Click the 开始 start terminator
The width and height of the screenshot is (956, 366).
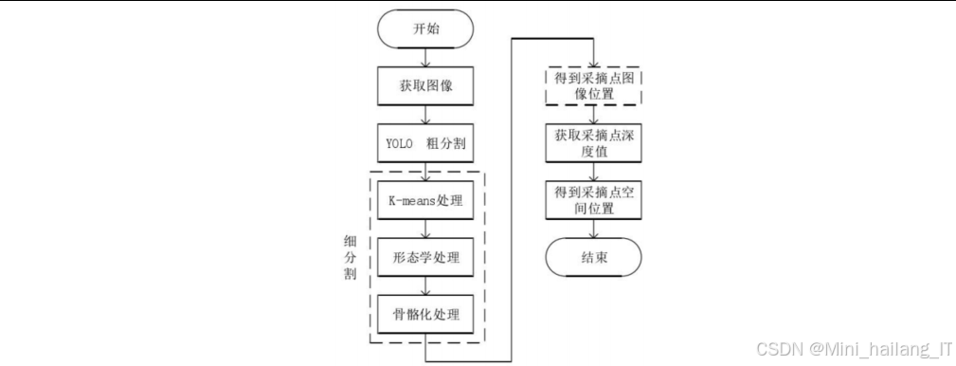point(426,28)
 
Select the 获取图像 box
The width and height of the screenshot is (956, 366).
point(426,85)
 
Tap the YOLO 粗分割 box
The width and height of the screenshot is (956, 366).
point(426,144)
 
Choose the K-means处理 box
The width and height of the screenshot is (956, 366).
point(426,201)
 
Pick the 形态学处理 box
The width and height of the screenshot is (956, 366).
point(426,257)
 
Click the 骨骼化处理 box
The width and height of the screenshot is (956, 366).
point(426,314)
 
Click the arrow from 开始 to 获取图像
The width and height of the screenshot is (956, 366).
point(426,56)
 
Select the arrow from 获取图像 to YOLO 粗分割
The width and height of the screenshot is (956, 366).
point(426,115)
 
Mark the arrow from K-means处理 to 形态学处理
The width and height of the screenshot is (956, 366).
point(426,229)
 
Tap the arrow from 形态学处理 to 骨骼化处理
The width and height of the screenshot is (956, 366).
point(426,285)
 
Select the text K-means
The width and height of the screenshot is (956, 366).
point(406,201)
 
